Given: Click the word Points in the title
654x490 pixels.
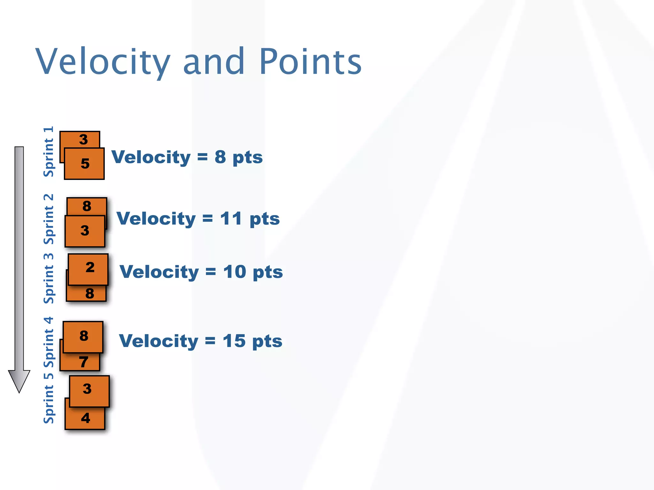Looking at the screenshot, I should tap(310, 61).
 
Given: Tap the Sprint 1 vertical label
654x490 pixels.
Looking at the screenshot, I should tap(49, 152).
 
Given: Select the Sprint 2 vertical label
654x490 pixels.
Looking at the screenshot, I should tap(49, 219).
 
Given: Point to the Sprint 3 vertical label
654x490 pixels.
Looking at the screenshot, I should tap(49, 278).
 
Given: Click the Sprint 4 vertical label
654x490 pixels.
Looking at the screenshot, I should tap(49, 342).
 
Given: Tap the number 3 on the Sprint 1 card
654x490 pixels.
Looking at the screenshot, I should tap(83, 139).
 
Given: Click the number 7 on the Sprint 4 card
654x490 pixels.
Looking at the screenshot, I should tap(84, 362).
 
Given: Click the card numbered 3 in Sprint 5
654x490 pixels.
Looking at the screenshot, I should tap(89, 391).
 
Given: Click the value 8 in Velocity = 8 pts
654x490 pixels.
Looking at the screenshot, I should tap(220, 157).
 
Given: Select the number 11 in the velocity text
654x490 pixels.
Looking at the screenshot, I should tap(231, 219).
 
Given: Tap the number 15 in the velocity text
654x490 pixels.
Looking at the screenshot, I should tap(234, 341).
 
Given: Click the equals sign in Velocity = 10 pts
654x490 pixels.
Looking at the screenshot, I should tap(211, 272).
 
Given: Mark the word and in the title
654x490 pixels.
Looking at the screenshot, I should tap(213, 61).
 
